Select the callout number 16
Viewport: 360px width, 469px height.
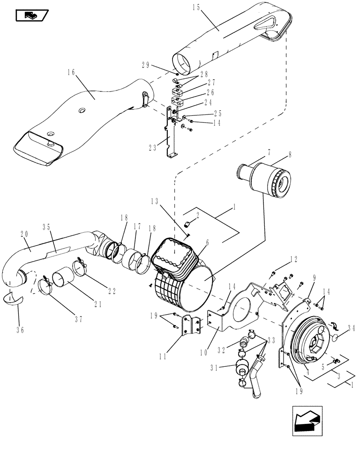[71, 72]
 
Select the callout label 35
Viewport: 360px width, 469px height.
[47, 226]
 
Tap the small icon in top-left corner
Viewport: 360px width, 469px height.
[31, 16]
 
